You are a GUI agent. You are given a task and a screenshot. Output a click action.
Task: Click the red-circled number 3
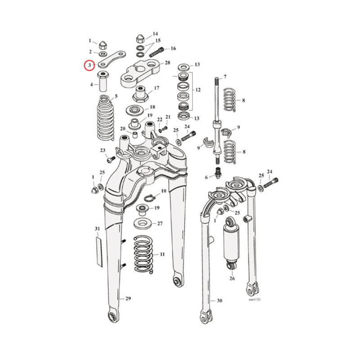[90, 66]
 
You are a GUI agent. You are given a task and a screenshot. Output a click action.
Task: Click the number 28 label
[167, 63]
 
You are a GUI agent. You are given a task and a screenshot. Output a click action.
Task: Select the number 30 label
[219, 301]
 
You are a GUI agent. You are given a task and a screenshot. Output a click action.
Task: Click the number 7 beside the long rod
[225, 77]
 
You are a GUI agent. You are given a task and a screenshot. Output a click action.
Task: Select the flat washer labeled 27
[144, 223]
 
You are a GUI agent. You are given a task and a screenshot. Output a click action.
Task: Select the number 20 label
[122, 129]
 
